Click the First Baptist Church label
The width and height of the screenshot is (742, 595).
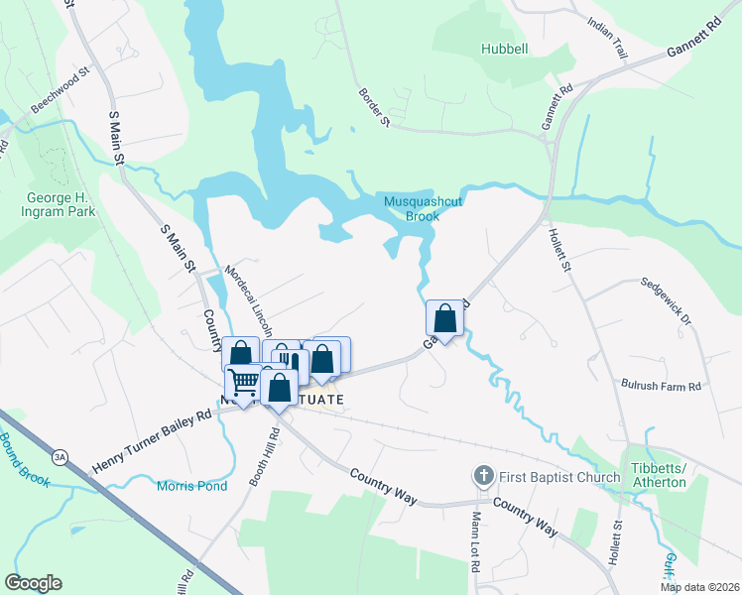560,477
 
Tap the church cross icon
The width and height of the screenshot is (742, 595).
484,477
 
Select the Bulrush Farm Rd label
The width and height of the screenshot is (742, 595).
662,385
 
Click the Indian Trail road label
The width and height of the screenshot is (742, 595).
608,38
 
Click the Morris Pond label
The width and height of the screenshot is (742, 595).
191,486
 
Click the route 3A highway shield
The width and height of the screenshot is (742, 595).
61,457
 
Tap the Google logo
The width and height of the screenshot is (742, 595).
33,583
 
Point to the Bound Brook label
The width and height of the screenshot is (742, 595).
19,455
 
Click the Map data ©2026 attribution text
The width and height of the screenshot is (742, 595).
699,587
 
